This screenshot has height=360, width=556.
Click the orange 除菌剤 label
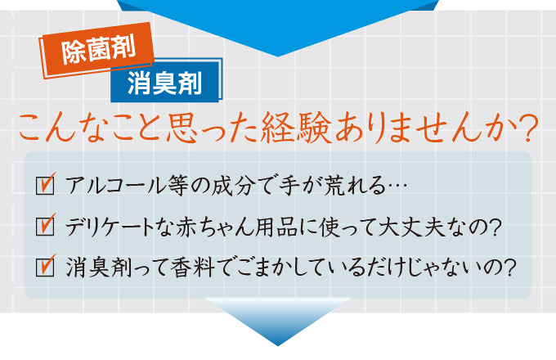point(96,50)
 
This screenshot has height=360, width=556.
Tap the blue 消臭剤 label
point(166,81)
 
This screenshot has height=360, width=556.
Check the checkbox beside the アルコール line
point(46,184)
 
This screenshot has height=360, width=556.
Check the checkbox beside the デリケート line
point(46,225)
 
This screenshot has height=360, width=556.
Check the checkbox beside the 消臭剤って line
point(46,267)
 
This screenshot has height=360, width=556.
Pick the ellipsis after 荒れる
point(397,186)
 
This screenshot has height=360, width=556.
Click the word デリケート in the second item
point(110,227)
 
